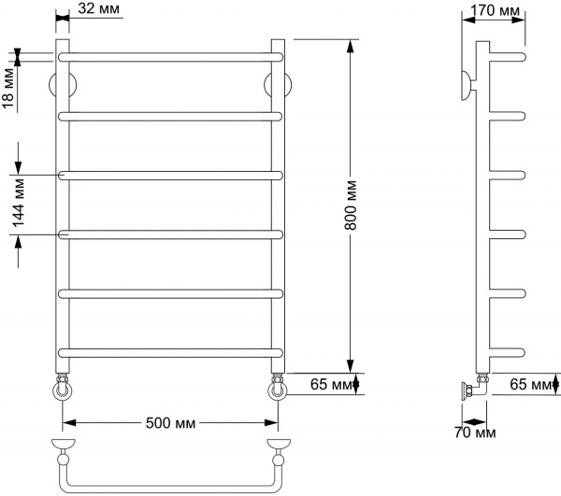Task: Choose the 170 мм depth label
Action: [496, 10]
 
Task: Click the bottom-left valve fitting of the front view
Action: [62, 387]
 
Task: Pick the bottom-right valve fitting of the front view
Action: [278, 387]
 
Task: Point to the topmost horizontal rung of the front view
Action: [170, 56]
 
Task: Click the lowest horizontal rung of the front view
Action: [170, 351]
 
